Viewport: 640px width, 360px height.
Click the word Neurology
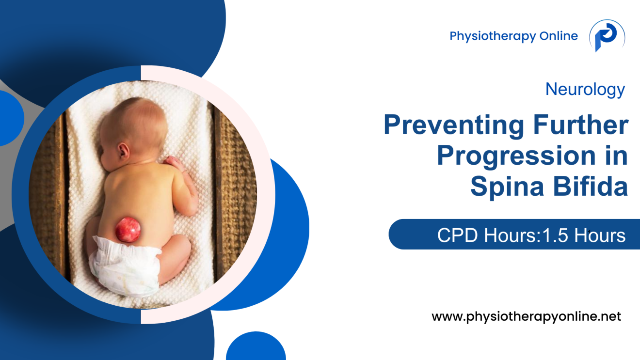pos(585,89)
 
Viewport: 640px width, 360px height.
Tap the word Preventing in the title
pos(453,125)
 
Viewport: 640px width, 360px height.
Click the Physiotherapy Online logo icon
pos(607,36)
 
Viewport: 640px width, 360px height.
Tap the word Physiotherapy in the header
pos(486,36)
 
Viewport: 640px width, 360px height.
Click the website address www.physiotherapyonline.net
pos(526,317)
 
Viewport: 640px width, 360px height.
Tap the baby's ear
pos(123,152)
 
